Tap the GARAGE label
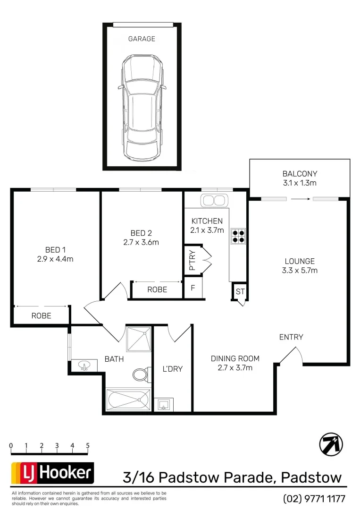coord(142,39)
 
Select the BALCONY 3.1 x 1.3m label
coord(300,178)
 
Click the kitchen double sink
coord(214,200)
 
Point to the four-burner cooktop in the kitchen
coord(238,236)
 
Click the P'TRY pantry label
coord(192,259)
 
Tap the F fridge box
coord(193,288)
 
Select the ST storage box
coord(240,291)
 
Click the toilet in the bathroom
coord(141,375)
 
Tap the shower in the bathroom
coord(139,337)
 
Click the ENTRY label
coord(291,337)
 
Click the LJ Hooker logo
coord(52,473)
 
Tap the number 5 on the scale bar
coord(88,445)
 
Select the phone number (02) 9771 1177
coord(314,498)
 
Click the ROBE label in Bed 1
coord(42,316)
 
